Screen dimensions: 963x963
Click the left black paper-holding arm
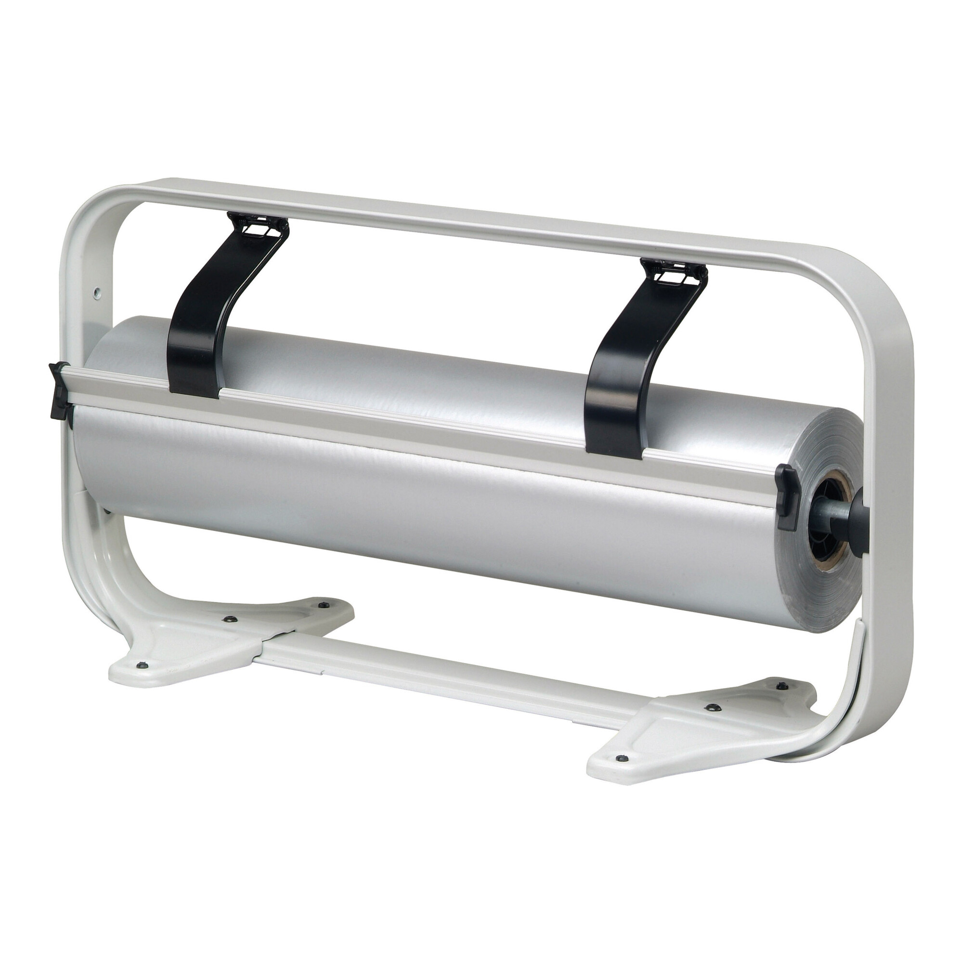point(209,319)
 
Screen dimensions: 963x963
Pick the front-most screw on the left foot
point(142,664)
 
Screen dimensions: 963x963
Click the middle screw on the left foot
point(230,619)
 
